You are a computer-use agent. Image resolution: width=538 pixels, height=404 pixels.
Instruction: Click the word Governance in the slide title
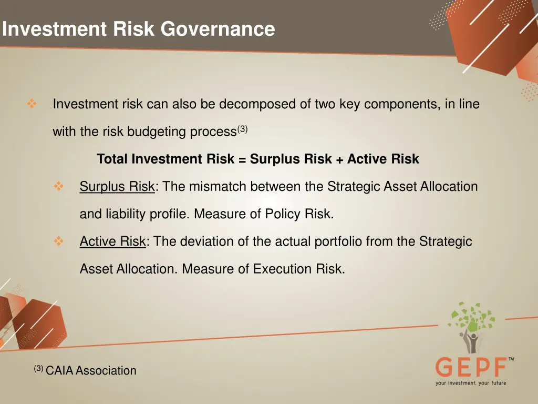[218, 29]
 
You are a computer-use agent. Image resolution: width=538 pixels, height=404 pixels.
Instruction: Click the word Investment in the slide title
[54, 29]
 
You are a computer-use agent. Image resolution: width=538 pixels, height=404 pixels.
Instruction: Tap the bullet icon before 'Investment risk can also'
[32, 104]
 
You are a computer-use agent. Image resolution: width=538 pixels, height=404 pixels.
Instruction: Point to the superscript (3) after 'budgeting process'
[242, 129]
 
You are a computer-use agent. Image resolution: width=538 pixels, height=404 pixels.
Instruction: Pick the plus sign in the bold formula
[339, 159]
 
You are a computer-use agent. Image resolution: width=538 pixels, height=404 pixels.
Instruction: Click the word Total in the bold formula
[112, 159]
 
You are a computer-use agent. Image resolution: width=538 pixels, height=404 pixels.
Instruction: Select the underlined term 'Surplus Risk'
[117, 187]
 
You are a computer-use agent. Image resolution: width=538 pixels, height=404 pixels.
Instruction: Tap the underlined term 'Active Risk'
[112, 241]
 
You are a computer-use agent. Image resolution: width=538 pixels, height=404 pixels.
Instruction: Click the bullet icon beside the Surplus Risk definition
[58, 187]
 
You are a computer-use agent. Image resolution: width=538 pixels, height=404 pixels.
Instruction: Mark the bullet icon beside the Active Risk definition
[58, 241]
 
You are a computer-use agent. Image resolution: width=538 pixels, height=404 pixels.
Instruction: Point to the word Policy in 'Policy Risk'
[282, 214]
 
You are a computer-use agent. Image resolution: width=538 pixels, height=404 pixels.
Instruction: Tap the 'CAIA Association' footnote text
[90, 371]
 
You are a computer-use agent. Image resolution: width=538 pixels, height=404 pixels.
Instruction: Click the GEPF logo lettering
[471, 367]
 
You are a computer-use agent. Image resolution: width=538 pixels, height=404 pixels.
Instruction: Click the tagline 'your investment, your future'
[471, 383]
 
